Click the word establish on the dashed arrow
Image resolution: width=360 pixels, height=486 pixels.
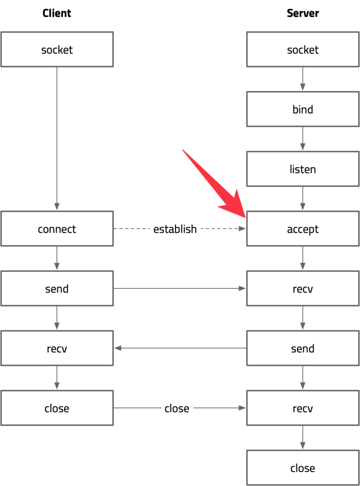175,229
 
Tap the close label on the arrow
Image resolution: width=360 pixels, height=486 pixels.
177,408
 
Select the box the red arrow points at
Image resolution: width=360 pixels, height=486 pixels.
302,229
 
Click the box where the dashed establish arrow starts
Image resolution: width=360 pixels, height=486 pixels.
57,229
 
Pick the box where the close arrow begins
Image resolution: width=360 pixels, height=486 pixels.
57,408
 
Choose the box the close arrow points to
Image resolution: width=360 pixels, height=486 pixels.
302,408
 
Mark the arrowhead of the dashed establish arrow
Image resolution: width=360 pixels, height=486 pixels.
242,229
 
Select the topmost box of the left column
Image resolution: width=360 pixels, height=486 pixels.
57,49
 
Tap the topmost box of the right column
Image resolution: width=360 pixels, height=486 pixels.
302,49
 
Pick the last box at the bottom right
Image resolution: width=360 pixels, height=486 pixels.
302,467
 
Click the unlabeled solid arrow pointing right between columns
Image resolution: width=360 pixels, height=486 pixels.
180,288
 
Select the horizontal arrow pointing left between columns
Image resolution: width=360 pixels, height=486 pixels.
180,348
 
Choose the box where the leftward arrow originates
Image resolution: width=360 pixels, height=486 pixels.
302,348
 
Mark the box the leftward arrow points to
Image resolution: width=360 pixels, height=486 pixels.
57,348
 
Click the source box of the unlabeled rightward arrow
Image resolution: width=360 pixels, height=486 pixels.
57,288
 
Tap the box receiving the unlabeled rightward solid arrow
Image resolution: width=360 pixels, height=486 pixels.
302,288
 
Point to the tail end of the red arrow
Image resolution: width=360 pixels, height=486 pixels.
183,150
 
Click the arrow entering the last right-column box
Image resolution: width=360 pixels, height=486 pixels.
302,438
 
